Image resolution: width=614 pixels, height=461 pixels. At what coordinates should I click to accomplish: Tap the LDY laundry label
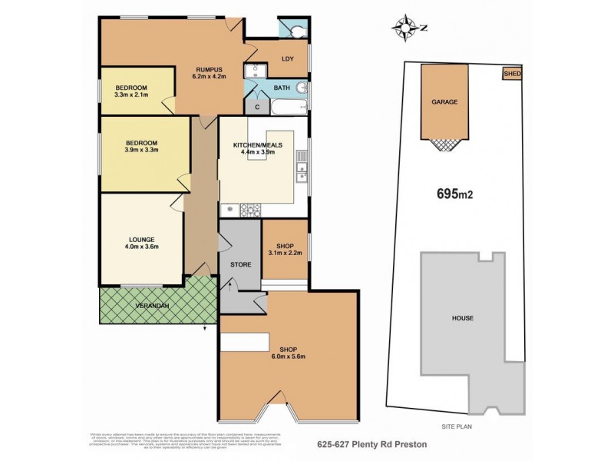tap(288, 59)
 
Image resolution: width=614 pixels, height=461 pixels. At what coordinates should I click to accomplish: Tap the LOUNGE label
tap(140, 238)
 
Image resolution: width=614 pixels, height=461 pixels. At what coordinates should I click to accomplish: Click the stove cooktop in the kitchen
tap(249, 209)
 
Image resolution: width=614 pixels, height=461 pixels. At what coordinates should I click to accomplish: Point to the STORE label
tap(241, 264)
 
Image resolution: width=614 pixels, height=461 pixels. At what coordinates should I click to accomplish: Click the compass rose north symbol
tap(403, 28)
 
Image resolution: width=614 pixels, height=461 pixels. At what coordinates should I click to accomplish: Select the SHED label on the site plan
tap(511, 74)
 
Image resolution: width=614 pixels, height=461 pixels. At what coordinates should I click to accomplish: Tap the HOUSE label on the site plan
tap(462, 317)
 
